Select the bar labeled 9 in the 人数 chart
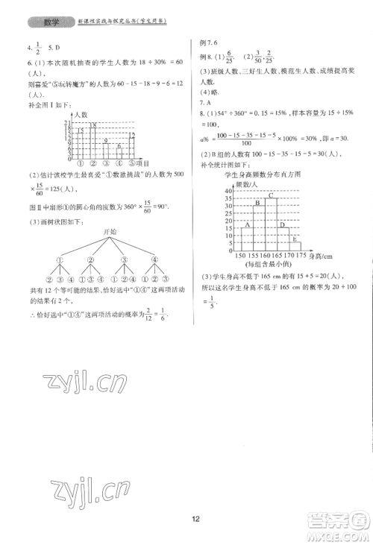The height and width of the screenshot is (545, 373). (x=106, y=151)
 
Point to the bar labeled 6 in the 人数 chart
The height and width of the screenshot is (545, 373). (x=119, y=154)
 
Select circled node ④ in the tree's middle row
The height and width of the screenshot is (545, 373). (x=154, y=260)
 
